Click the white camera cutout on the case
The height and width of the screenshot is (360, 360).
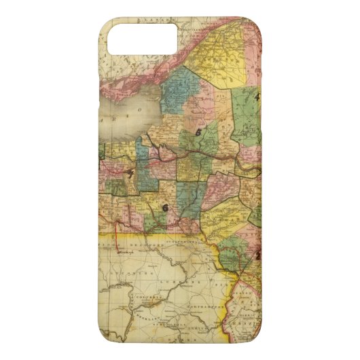click(x=142, y=39)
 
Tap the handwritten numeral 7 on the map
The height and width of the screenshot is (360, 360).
click(x=129, y=174)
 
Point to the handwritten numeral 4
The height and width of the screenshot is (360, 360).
click(x=256, y=96)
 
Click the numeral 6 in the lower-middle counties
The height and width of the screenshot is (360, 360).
click(x=165, y=207)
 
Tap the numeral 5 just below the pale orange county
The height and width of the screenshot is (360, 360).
click(x=198, y=132)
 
